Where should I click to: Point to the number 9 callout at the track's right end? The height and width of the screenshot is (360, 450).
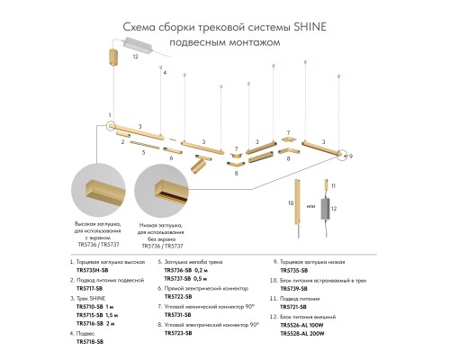point(351,156)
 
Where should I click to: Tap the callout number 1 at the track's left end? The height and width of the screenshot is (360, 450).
point(109,115)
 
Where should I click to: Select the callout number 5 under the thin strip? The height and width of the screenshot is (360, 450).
point(141,152)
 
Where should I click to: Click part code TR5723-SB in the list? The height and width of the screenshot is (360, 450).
point(178,333)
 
